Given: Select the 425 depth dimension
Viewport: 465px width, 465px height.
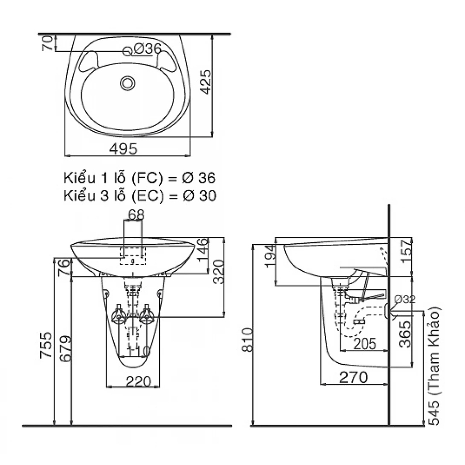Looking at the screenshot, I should click(206, 83).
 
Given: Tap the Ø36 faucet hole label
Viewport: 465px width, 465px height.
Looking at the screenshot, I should click(147, 49).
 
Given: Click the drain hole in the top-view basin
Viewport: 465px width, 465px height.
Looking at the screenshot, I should click(127, 83).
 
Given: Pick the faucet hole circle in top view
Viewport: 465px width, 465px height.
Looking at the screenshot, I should click(128, 51).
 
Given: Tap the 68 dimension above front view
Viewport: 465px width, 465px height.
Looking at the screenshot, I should click(136, 214).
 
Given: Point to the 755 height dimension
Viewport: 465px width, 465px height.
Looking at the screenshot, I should click(47, 346).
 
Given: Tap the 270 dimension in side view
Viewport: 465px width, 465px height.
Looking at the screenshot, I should click(353, 377).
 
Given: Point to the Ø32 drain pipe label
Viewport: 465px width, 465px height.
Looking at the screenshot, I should click(404, 299).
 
